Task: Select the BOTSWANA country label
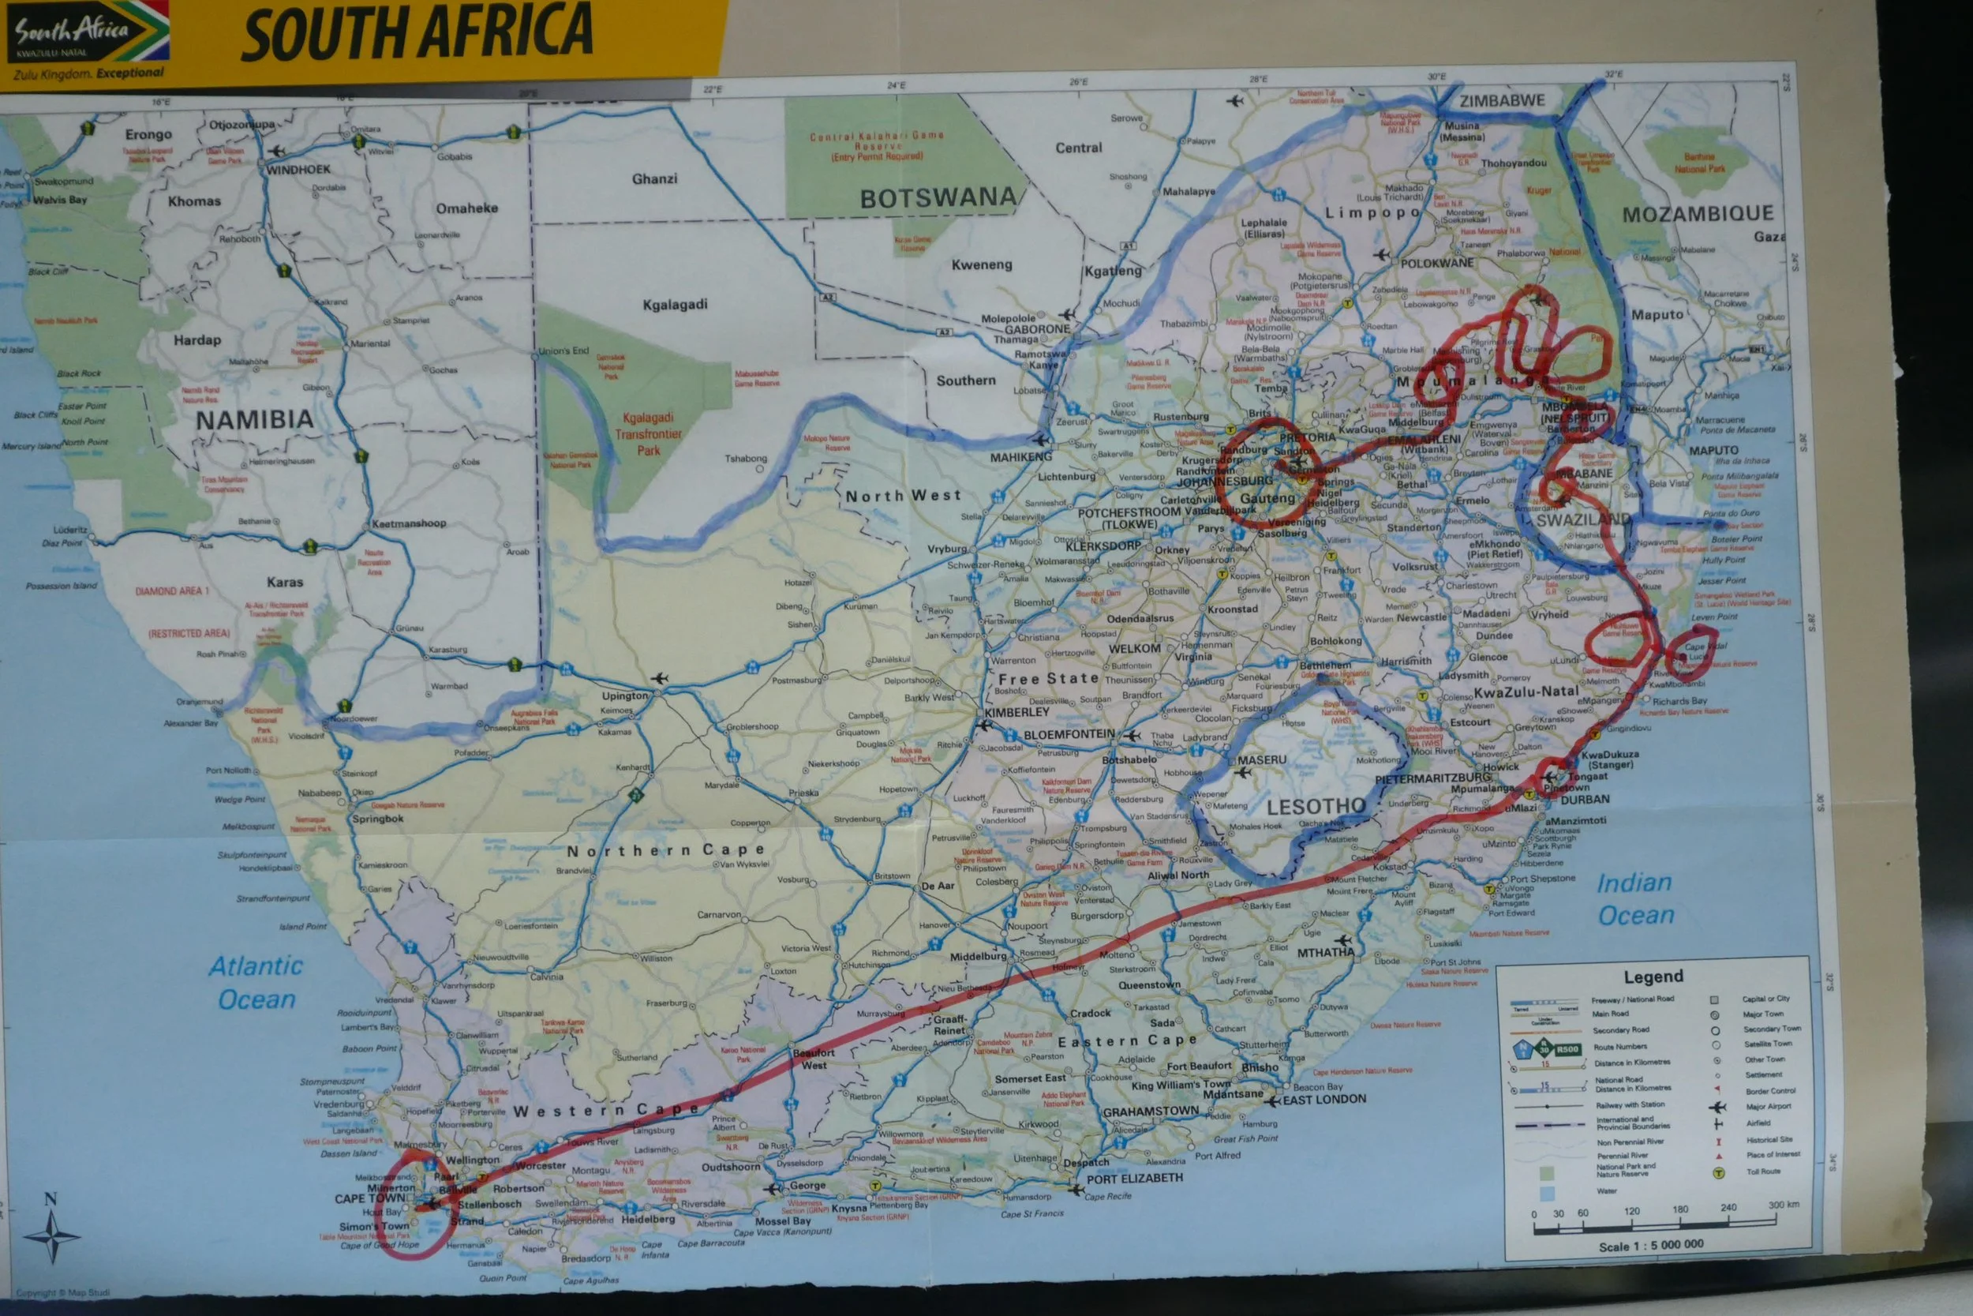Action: (937, 199)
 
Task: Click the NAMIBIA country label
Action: (254, 420)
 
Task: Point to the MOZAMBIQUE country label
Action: (1698, 214)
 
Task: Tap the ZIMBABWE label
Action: (1502, 101)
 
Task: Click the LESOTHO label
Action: (1316, 807)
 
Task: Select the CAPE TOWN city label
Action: (369, 1198)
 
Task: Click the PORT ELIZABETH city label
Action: (1134, 1179)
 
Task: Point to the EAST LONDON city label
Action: (1323, 1100)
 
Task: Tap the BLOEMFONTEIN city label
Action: (1069, 734)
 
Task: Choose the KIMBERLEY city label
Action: (1016, 713)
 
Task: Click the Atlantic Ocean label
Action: (256, 983)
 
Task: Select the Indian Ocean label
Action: (1635, 899)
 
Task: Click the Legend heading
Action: (1653, 976)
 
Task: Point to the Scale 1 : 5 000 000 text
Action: (1650, 1245)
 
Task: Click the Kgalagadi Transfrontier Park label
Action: (648, 434)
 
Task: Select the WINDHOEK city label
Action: (298, 170)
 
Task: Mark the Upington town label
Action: (624, 695)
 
